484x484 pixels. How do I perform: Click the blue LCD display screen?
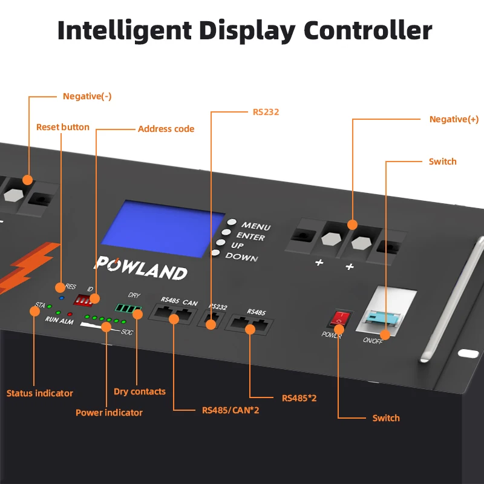pyautogui.click(x=171, y=228)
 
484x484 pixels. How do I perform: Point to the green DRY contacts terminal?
pyautogui.click(x=129, y=309)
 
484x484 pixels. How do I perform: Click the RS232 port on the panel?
pyautogui.click(x=211, y=321)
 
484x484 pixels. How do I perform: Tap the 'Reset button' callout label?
pyautogui.click(x=62, y=127)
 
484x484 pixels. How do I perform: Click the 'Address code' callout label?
pyautogui.click(x=166, y=129)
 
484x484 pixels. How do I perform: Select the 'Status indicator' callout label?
pyautogui.click(x=39, y=393)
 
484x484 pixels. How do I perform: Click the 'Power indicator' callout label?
pyautogui.click(x=109, y=413)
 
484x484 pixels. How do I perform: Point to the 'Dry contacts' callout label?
pyautogui.click(x=139, y=391)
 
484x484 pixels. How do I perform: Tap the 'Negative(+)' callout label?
pyautogui.click(x=454, y=119)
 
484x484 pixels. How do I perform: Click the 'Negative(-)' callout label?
pyautogui.click(x=87, y=96)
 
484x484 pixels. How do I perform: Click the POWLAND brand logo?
pyautogui.click(x=141, y=267)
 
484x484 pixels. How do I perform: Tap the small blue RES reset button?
pyautogui.click(x=62, y=298)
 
